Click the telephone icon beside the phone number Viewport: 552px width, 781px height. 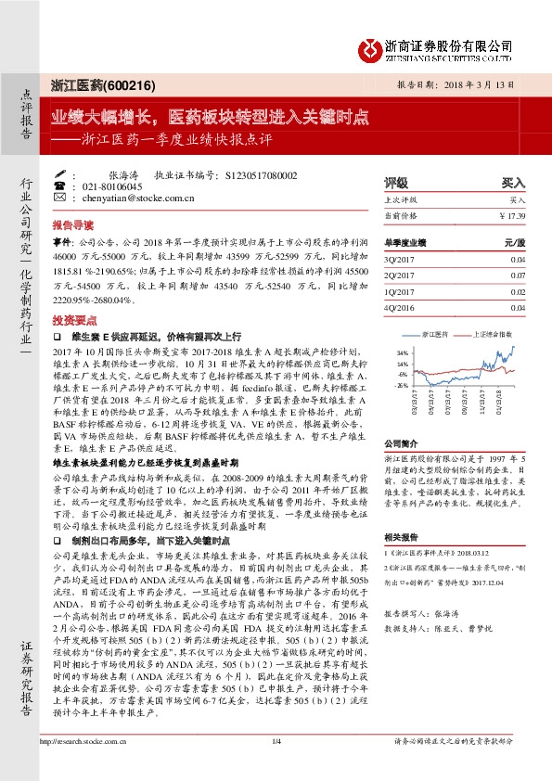[60, 186]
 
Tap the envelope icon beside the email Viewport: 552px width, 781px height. [60, 198]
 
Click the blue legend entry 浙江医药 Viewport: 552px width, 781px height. [434, 332]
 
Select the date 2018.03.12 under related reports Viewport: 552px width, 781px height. [465, 550]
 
